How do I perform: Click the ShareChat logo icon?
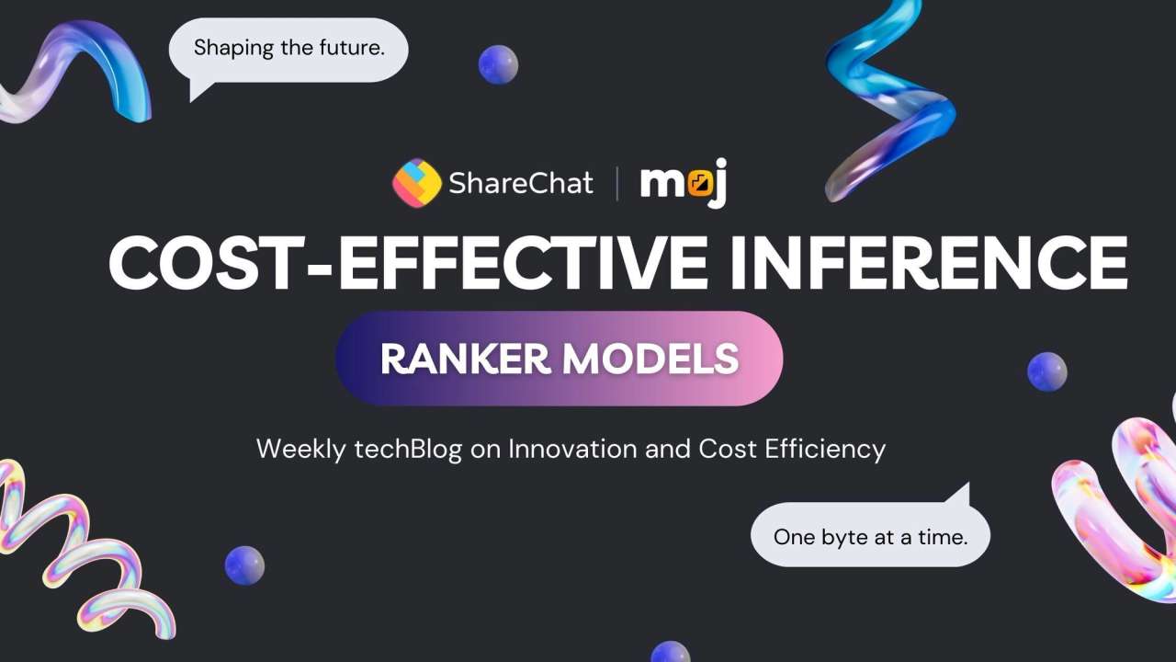(416, 183)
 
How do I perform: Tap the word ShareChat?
(520, 183)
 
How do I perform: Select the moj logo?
(684, 184)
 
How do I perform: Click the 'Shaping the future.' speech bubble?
(288, 49)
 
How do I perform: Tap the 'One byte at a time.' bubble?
(870, 536)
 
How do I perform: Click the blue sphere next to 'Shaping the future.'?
(498, 64)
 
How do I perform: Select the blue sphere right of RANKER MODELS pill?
(1046, 371)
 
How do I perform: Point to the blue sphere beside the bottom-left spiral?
(244, 565)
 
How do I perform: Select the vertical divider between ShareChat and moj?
(616, 183)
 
